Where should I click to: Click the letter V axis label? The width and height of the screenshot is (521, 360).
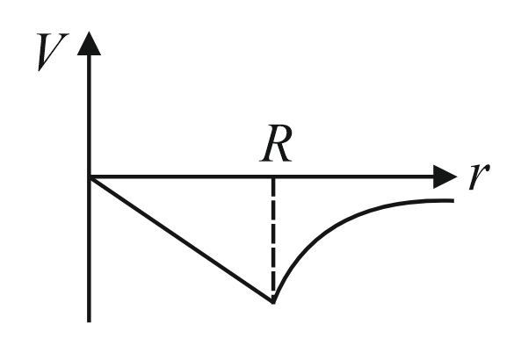[53, 52]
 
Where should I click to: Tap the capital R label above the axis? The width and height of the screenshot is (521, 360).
[276, 143]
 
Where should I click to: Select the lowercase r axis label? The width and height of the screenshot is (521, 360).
[479, 176]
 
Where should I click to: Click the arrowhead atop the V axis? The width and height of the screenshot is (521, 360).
[89, 44]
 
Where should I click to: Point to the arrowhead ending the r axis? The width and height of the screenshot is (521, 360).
[445, 176]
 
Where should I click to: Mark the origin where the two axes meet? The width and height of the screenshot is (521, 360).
[89, 176]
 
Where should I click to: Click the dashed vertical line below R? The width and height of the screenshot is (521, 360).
[273, 239]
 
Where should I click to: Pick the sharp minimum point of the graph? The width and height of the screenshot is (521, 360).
[273, 302]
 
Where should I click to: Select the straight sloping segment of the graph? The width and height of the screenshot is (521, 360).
[181, 240]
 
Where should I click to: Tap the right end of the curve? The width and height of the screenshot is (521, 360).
[453, 200]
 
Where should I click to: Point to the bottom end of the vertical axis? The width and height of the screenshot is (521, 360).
[89, 321]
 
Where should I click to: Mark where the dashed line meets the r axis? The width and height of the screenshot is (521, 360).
[273, 177]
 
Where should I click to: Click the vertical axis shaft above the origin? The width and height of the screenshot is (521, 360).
[89, 116]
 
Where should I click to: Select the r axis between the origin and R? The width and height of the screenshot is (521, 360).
[181, 176]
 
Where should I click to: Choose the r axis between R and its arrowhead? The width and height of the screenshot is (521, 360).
[353, 176]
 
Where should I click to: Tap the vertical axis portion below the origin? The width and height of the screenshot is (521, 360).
[89, 249]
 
